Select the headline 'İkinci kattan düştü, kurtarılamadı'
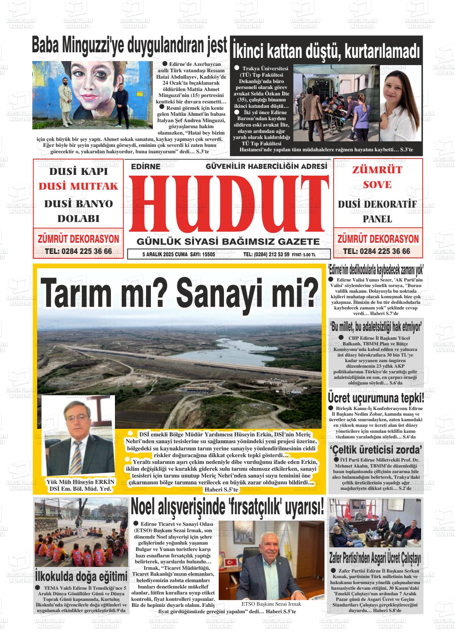(x=326, y=51)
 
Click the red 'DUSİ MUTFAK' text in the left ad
(x=78, y=186)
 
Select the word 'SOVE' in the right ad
(x=377, y=185)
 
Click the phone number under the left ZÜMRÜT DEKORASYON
(x=78, y=252)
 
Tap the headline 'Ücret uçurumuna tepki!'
(x=376, y=398)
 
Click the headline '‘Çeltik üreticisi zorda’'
(x=376, y=450)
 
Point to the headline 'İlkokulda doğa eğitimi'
(x=81, y=576)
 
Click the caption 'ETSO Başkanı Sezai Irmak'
(x=271, y=604)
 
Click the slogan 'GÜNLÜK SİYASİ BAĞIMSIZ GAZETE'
(x=228, y=242)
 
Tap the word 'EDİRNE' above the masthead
(x=146, y=167)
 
